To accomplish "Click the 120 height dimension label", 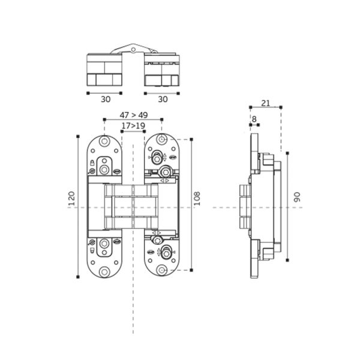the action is coord(72,199).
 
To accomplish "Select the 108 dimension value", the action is coord(197,199).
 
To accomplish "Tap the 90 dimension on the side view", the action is coord(297,197).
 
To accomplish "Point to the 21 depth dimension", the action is coord(266,103).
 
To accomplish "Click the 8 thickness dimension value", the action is coord(254,119).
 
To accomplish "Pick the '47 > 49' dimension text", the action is coord(134,115).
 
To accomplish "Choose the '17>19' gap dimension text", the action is coord(133,126).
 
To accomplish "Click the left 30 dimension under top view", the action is coord(106,99).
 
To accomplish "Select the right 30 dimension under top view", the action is coord(163,99).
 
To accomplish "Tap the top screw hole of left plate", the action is coord(104,141).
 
